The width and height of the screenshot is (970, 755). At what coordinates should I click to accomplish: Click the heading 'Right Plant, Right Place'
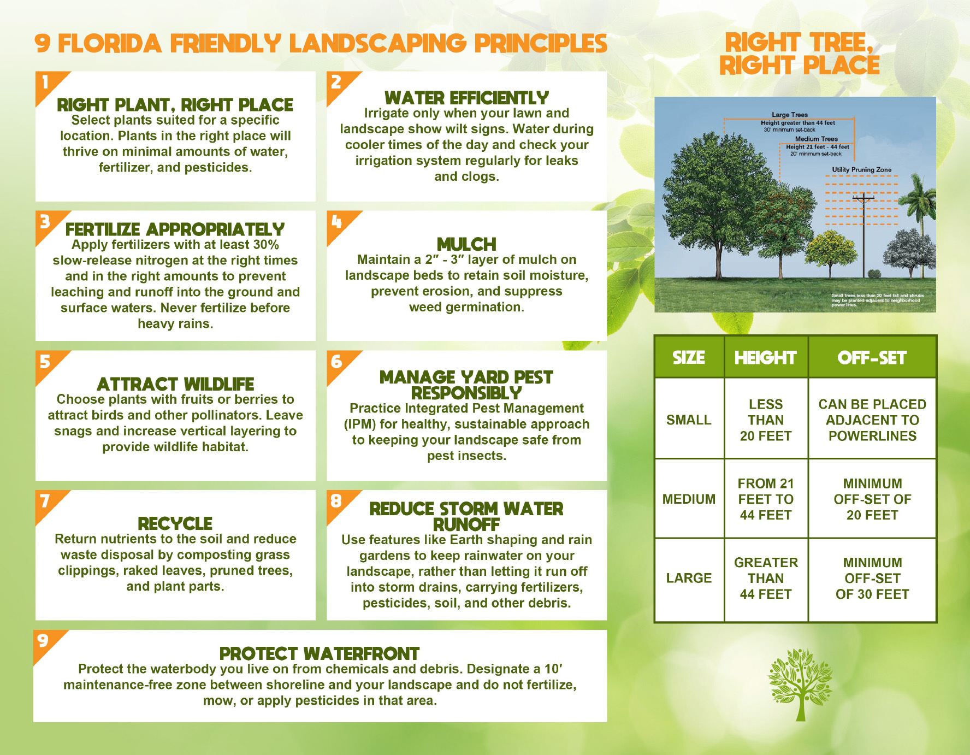175,105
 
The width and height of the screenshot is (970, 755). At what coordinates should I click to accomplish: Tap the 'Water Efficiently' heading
466,98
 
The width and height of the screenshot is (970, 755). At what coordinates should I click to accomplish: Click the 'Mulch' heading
466,244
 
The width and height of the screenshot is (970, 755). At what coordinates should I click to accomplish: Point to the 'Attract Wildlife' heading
175,384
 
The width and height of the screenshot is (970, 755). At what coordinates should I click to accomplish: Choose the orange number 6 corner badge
336,361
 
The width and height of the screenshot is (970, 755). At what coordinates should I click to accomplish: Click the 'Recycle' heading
175,523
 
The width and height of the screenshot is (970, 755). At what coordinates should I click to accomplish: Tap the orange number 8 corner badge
336,500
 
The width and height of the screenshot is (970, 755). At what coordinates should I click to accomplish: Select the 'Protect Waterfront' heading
320,653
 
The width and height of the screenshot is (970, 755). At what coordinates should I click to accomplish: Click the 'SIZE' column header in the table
689,357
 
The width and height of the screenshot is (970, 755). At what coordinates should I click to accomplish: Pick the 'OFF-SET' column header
872,357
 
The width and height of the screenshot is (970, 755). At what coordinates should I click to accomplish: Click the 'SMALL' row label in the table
689,420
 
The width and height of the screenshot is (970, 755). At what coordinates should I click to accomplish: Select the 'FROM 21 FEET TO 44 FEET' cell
765,499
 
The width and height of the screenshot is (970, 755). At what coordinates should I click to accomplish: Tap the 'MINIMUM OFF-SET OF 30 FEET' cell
872,578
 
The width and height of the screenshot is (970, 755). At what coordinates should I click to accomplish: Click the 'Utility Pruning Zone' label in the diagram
861,170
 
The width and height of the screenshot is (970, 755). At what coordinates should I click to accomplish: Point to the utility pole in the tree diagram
863,235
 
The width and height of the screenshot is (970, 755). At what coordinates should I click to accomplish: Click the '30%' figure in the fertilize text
266,245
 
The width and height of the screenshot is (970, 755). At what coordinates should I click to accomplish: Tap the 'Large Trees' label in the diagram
789,115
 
